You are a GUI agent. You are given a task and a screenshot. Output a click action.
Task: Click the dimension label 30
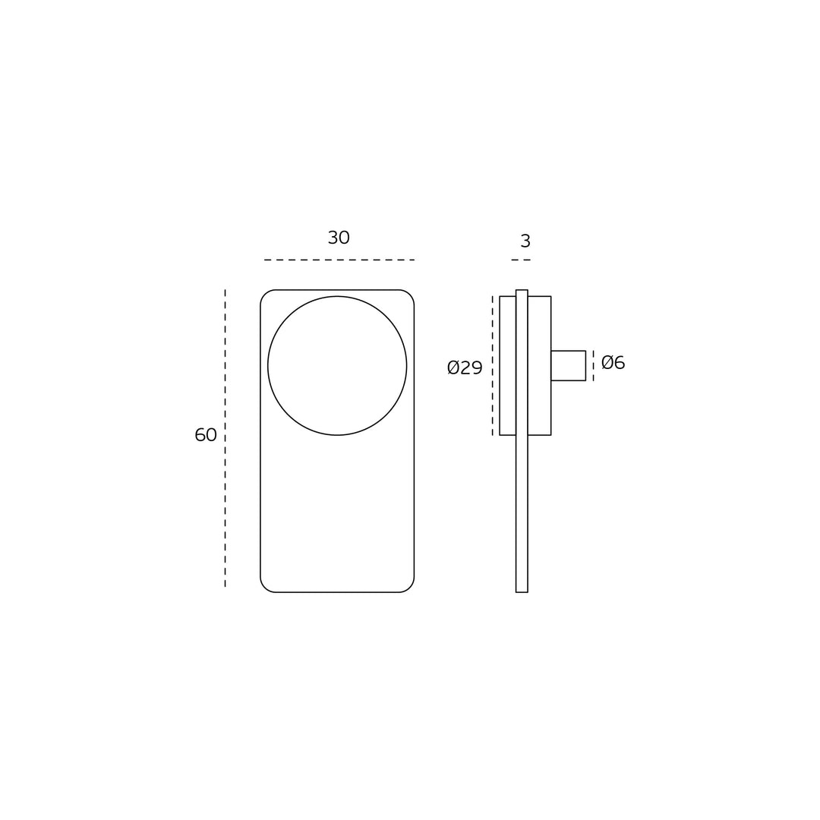[x=339, y=238]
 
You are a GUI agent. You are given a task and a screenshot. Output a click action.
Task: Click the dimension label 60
[x=206, y=435]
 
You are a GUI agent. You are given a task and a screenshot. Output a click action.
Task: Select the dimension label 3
[x=525, y=241]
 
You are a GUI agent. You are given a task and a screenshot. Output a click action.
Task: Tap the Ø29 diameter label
[x=465, y=367]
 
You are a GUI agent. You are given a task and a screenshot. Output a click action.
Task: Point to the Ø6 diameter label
[x=613, y=362]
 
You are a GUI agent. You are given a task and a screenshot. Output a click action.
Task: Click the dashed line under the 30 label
[x=339, y=260]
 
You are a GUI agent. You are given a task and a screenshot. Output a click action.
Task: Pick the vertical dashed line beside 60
[x=225, y=438]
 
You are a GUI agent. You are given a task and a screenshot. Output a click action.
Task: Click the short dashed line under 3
[x=521, y=260]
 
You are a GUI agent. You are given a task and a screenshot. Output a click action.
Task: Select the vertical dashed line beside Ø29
[x=492, y=365]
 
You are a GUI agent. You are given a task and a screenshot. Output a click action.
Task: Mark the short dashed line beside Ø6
[x=593, y=365]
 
